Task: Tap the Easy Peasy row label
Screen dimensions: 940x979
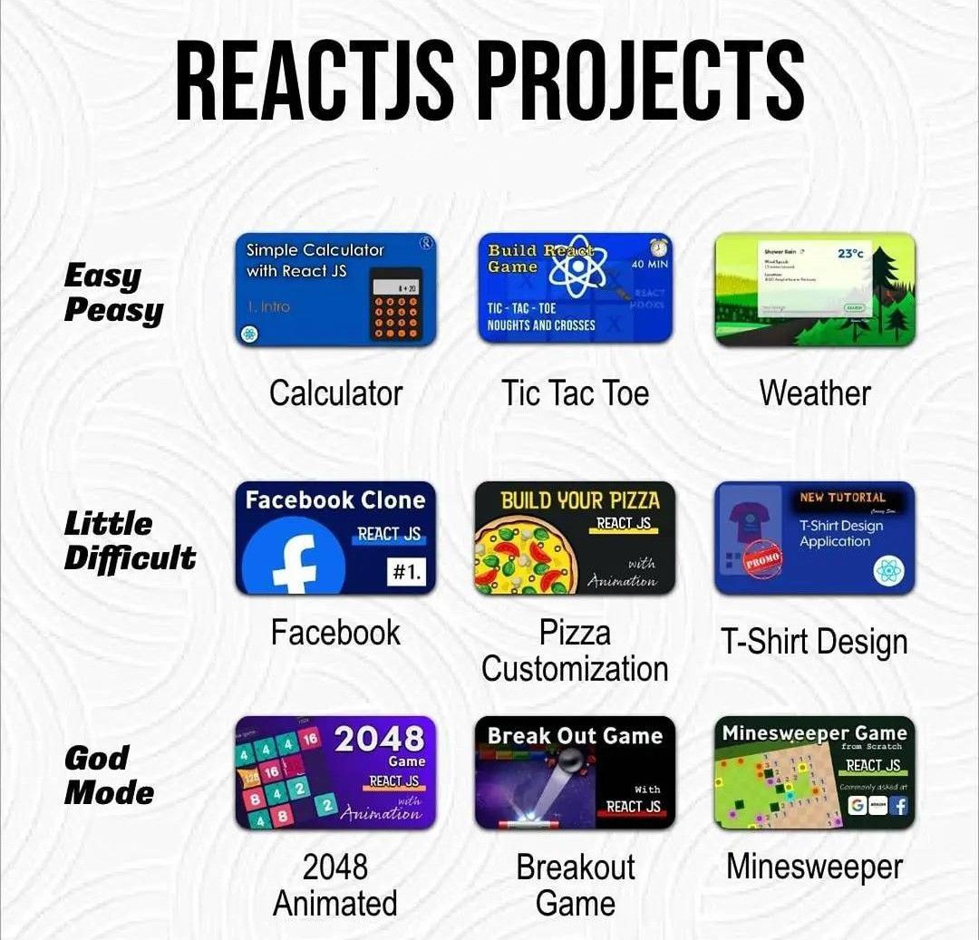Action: click(113, 293)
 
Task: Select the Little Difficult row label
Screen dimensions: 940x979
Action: click(130, 540)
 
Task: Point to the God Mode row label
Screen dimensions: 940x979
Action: click(109, 775)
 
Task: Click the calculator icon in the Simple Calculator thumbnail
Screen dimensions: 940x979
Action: click(396, 305)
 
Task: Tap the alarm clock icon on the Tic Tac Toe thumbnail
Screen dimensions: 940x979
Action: click(659, 247)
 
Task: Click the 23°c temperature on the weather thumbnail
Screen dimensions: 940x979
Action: click(850, 254)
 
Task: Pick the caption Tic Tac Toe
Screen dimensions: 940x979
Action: click(576, 393)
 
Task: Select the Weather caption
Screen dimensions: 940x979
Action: click(815, 393)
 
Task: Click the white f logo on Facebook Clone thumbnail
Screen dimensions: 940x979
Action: click(295, 562)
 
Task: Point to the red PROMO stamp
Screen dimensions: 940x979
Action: click(762, 557)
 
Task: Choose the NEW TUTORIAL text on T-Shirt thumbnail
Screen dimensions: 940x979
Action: click(842, 498)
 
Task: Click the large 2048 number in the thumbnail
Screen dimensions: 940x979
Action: click(379, 739)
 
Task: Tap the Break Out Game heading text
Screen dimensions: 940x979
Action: click(575, 736)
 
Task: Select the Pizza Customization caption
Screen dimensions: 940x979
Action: click(575, 651)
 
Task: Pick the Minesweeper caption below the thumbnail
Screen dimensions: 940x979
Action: click(814, 867)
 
